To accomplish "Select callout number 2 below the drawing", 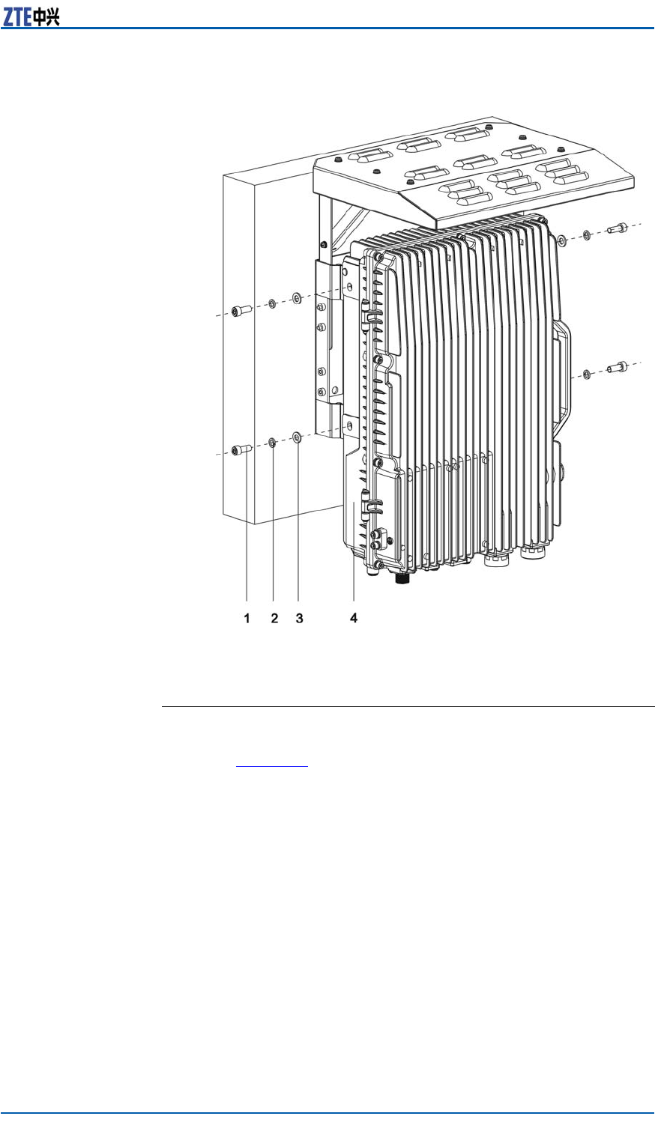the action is pos(274,619).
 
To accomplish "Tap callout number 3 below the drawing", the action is pos(299,619).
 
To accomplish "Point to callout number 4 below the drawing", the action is pos(353,619).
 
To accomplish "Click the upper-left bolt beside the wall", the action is pos(240,310).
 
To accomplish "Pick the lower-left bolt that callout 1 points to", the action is pos(240,450).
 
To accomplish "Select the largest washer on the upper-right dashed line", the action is pos(561,240).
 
